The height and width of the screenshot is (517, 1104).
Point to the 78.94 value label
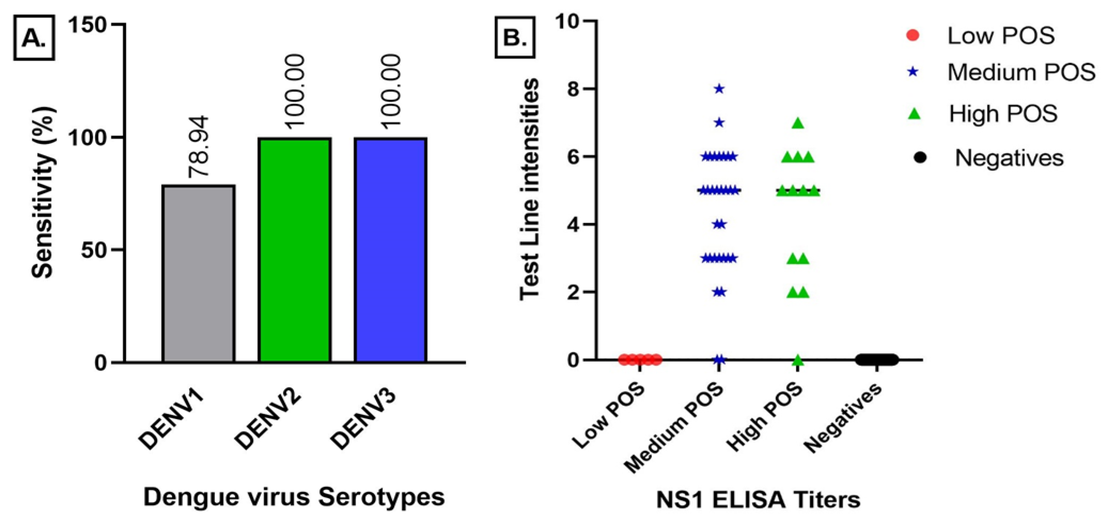199,146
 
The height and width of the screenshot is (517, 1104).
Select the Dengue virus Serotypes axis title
294,497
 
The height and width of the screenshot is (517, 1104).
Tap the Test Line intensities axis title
529,189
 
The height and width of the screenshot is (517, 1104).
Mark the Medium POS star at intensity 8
719,89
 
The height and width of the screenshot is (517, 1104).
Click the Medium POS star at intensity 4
719,224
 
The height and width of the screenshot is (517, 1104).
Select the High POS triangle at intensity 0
798,360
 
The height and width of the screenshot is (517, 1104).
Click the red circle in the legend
913,36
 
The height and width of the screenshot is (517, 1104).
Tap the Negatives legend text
1009,158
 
